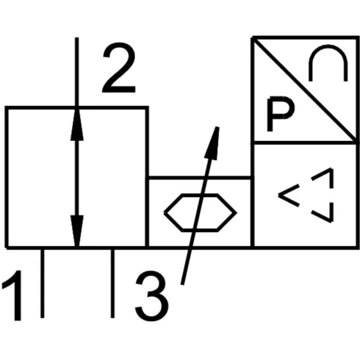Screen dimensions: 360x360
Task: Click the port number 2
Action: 119,68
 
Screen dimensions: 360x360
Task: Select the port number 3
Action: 152,296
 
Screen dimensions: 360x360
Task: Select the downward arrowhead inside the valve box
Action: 77,231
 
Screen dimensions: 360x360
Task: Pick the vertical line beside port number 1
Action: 43,284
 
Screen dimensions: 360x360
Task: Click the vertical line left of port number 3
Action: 112,284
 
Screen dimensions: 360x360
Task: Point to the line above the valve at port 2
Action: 77,72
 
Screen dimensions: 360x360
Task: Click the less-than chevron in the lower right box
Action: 289,195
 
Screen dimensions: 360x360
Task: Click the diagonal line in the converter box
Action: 304,90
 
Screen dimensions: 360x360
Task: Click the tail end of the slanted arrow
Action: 182,284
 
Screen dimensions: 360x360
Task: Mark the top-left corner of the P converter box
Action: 253,37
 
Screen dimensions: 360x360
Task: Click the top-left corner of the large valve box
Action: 7,108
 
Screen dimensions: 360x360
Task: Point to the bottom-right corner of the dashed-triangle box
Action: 356,248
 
